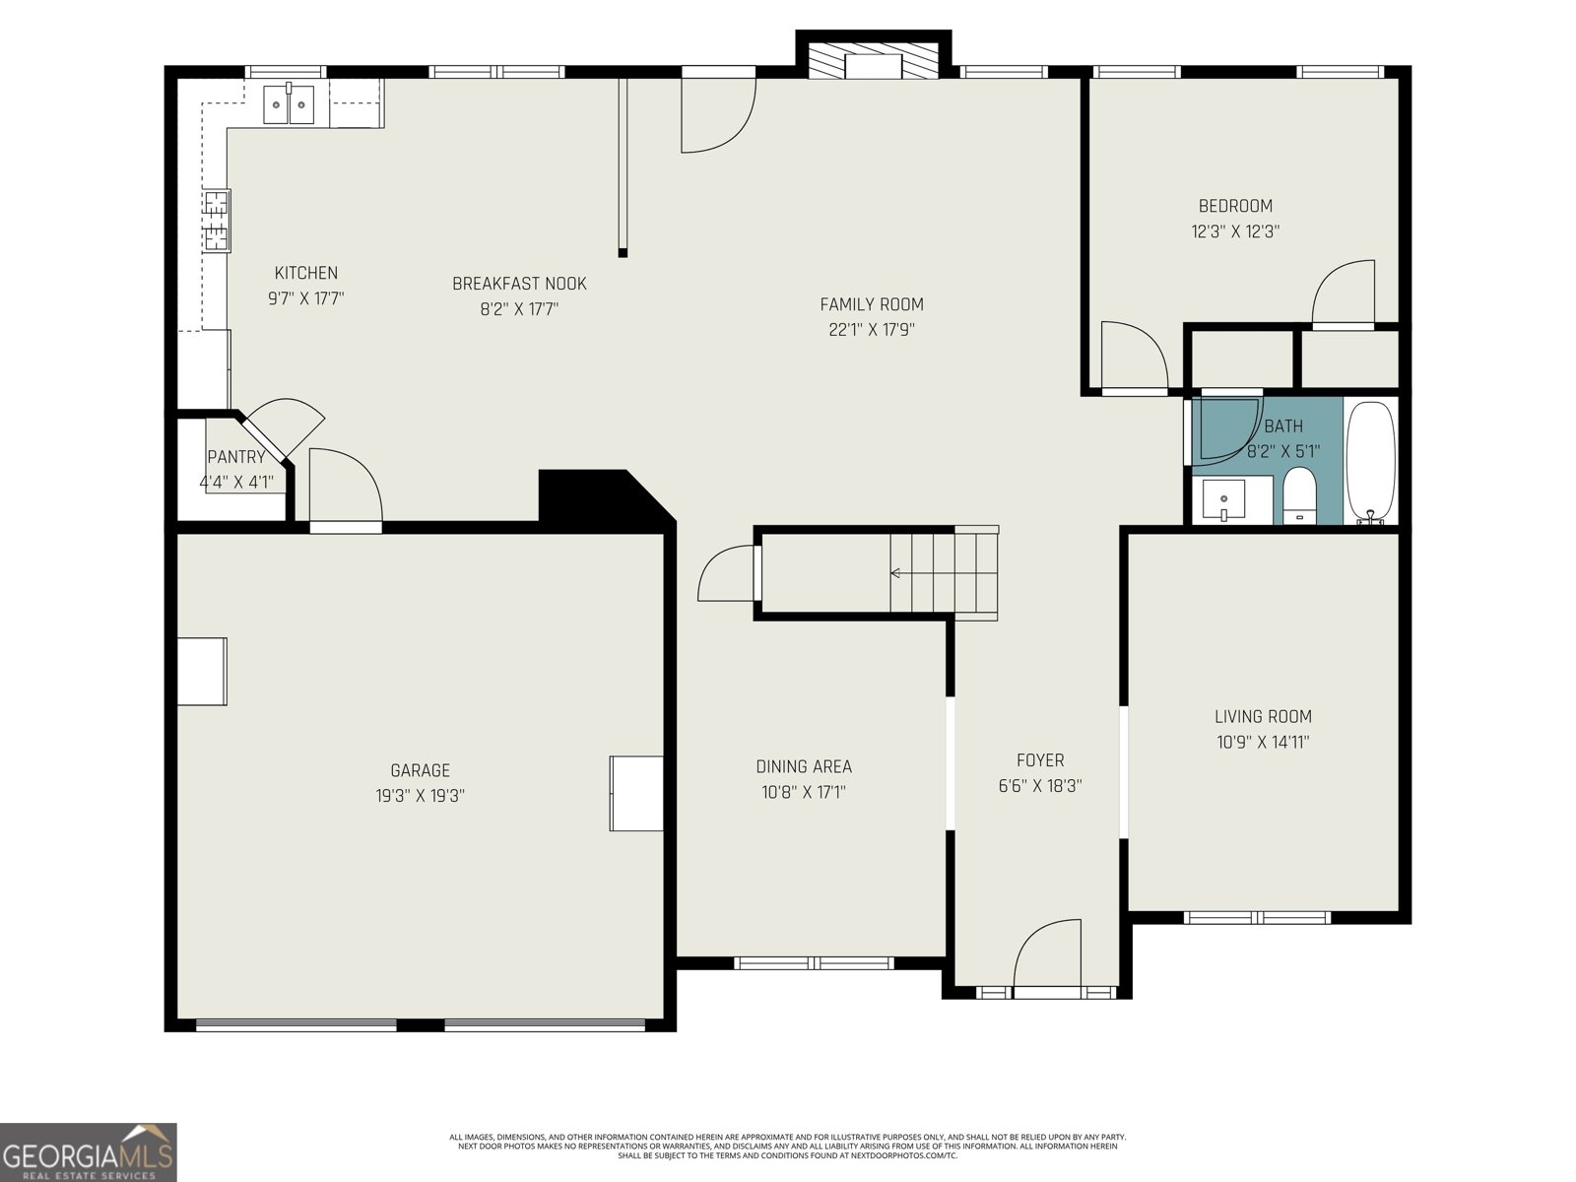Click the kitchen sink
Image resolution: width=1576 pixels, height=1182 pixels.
(x=289, y=103)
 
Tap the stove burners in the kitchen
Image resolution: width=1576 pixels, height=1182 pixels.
(x=217, y=221)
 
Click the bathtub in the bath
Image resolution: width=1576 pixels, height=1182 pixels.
(x=1370, y=461)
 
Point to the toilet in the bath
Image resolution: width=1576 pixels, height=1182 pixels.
(x=1299, y=496)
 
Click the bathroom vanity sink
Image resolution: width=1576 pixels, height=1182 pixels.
(x=1223, y=500)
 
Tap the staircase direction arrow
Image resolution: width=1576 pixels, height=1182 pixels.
(x=896, y=572)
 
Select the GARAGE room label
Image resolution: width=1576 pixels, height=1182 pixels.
(x=420, y=770)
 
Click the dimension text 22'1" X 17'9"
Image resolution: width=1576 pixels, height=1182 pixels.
(x=872, y=330)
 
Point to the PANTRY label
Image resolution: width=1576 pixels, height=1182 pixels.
(x=236, y=457)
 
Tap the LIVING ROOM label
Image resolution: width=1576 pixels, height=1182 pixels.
(x=1263, y=717)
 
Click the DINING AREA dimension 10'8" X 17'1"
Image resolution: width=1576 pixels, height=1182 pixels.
(x=803, y=792)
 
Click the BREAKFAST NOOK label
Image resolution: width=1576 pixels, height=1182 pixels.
(x=519, y=284)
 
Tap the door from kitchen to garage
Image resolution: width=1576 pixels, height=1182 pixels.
(x=345, y=488)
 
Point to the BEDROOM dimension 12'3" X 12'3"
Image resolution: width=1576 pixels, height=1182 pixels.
(x=1235, y=231)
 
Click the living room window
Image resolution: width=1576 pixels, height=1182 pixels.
(x=1257, y=918)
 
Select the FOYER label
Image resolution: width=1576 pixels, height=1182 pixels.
(x=1040, y=760)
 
